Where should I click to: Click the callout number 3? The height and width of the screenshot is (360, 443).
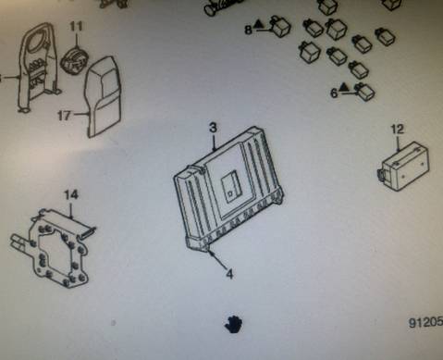point(213,128)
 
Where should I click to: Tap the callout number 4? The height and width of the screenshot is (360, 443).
point(229,274)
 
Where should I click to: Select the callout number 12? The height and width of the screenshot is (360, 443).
point(398,129)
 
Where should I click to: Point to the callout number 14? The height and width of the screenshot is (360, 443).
point(71,195)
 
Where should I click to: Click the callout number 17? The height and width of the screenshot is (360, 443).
point(64,116)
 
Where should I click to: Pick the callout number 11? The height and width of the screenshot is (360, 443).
point(76,26)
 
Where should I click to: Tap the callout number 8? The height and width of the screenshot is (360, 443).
point(249,30)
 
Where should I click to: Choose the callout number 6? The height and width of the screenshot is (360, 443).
point(334,93)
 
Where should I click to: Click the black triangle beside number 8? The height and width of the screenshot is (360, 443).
point(258,23)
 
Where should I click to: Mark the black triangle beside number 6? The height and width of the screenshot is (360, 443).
point(343,88)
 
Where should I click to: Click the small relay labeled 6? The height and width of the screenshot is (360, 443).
point(364,92)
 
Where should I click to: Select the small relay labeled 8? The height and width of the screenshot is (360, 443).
point(280,27)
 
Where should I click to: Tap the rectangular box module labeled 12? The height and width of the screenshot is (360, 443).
point(403,167)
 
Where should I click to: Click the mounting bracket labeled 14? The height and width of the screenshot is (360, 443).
point(53,248)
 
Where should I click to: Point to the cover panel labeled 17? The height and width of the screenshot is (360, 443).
point(105,96)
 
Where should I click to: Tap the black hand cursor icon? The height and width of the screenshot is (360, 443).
point(233,325)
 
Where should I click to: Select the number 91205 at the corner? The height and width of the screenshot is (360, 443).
point(425,323)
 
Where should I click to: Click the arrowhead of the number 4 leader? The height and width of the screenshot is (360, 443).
point(211,253)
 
